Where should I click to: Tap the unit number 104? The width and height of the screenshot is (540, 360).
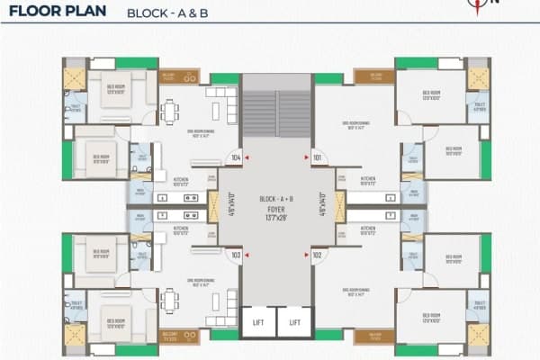click(236, 157)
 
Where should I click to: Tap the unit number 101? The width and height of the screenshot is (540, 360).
click(317, 157)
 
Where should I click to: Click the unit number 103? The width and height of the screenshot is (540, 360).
click(236, 255)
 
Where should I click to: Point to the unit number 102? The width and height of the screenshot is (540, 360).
click(317, 255)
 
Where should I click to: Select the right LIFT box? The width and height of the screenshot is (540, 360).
click(292, 320)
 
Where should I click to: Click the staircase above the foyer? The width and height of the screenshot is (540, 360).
click(276, 112)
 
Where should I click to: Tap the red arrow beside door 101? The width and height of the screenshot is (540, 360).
click(305, 157)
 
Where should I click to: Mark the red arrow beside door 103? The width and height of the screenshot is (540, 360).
click(247, 255)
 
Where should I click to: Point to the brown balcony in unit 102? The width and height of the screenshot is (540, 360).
click(374, 336)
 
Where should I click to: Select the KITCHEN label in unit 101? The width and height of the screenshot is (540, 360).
click(368, 178)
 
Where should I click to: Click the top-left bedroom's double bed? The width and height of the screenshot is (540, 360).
click(114, 91)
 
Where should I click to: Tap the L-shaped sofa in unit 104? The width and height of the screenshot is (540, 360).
click(224, 106)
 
